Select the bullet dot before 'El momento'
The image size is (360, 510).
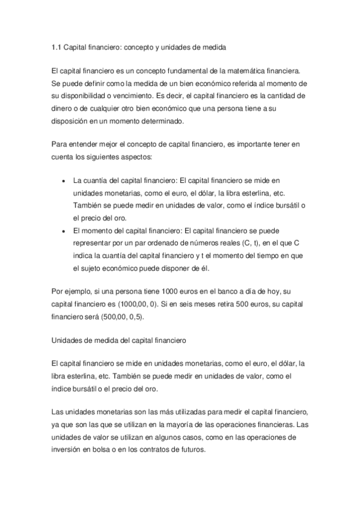click(64, 230)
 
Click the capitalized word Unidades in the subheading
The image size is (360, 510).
click(66, 340)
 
